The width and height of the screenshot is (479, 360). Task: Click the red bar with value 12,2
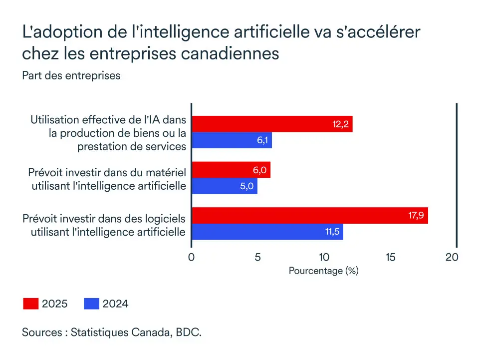272,124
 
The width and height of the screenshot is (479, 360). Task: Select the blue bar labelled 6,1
232,140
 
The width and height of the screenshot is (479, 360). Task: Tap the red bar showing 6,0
231,170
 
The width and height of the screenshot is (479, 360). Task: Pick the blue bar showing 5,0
225,186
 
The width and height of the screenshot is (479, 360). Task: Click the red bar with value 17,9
309,215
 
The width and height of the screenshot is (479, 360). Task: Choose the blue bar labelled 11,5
267,232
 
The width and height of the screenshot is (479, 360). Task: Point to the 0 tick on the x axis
192,257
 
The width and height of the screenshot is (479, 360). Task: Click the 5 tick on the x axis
258,257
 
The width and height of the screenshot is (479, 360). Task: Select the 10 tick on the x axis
324,257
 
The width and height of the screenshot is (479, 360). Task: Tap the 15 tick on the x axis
391,257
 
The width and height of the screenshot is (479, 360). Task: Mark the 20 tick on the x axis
452,257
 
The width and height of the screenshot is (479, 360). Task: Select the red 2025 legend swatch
30,304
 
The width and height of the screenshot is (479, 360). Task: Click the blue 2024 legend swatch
91,304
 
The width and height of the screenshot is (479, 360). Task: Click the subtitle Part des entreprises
71,76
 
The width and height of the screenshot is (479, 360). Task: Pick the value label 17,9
416,215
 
